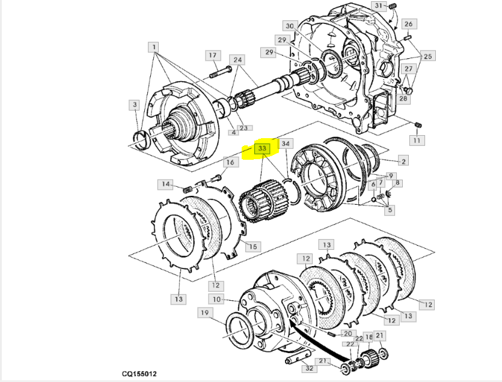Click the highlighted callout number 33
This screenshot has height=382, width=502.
click(262, 148)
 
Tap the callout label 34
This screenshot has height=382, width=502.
click(286, 144)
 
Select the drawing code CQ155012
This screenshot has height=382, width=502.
click(139, 374)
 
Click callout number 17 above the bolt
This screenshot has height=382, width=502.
click(213, 55)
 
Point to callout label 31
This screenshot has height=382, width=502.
click(379, 5)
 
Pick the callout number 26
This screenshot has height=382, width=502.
click(409, 24)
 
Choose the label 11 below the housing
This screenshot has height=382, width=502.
click(417, 140)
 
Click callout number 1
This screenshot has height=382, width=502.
click(154, 47)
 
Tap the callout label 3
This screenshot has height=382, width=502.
click(135, 105)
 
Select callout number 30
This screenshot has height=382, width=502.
click(290, 26)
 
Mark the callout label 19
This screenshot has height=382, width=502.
click(205, 313)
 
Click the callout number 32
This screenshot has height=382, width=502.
click(309, 368)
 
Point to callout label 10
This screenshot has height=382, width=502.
click(217, 300)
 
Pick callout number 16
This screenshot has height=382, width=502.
click(230, 162)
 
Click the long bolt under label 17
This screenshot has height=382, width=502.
click(221, 72)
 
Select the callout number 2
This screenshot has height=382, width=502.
click(403, 161)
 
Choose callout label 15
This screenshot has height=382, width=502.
click(253, 247)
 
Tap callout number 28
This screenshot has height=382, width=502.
click(403, 99)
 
